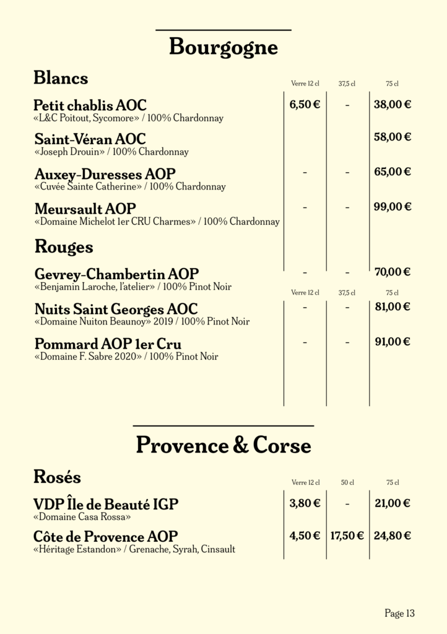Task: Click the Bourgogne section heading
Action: [x=223, y=48]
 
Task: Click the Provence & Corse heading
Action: [x=223, y=445]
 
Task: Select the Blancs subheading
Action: [x=61, y=78]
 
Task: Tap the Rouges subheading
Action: [x=64, y=247]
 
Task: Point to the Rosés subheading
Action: [x=57, y=477]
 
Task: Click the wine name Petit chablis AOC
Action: [x=90, y=105]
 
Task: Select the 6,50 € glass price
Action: [x=305, y=105]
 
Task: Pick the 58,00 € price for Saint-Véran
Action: [x=393, y=137]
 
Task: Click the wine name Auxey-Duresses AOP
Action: [x=105, y=174]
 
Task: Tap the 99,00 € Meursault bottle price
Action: [x=393, y=207]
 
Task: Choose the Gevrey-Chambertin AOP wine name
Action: [x=117, y=274]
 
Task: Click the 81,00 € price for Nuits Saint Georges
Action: [x=393, y=306]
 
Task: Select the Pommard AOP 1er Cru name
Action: [x=108, y=344]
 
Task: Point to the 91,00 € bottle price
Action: [x=393, y=341]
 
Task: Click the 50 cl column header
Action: [x=347, y=482]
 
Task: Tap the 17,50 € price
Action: [x=347, y=536]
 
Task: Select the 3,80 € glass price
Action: [x=305, y=503]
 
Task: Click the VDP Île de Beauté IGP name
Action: [x=106, y=505]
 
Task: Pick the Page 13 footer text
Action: [x=399, y=614]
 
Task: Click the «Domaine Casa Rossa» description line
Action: [x=82, y=516]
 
